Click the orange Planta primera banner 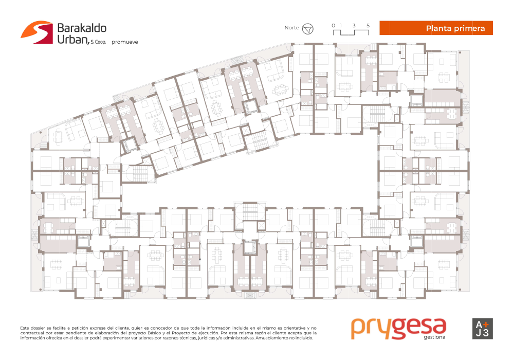[436, 28]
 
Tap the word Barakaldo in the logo [82, 28]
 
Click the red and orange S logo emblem [36, 32]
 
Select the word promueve [124, 42]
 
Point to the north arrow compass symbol [307, 29]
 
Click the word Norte [291, 28]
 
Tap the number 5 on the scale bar [368, 25]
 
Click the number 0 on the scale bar [334, 25]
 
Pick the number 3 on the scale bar [354, 25]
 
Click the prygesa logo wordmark [399, 328]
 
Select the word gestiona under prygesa [434, 337]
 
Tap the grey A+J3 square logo [482, 329]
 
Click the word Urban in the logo [73, 40]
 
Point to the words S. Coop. [98, 42]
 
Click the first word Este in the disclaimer [25, 328]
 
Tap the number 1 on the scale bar [341, 25]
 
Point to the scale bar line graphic [351, 32]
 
